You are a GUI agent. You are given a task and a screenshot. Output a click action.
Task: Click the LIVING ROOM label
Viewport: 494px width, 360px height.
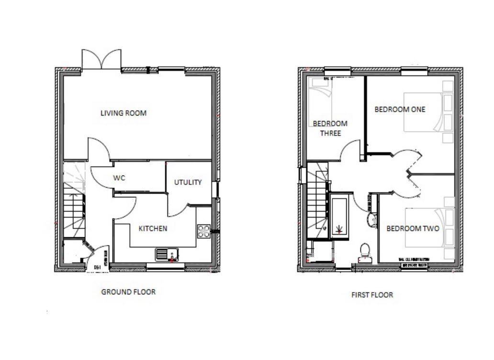coord(123,113)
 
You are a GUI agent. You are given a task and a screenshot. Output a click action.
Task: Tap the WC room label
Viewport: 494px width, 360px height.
coord(119,178)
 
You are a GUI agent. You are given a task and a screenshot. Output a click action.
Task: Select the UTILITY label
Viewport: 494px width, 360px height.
coord(188,182)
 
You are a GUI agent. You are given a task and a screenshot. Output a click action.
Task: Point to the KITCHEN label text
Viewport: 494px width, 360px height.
coord(153,228)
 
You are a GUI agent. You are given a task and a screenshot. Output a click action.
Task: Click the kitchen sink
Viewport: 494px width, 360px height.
coord(167,255)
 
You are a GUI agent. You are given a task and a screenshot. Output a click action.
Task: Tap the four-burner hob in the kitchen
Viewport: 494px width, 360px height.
coord(203,231)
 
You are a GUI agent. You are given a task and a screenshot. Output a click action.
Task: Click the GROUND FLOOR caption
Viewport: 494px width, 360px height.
coord(128,292)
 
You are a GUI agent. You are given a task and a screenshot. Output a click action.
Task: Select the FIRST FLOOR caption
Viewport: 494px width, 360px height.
coord(372,295)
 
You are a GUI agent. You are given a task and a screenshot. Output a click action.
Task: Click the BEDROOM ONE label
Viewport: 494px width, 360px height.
coord(400,109)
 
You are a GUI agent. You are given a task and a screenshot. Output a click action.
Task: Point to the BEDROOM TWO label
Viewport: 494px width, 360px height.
coord(413,228)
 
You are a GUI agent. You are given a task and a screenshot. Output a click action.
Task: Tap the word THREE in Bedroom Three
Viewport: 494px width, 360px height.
coord(330,133)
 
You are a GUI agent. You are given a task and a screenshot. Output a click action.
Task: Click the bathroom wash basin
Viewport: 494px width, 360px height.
coord(371,220)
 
